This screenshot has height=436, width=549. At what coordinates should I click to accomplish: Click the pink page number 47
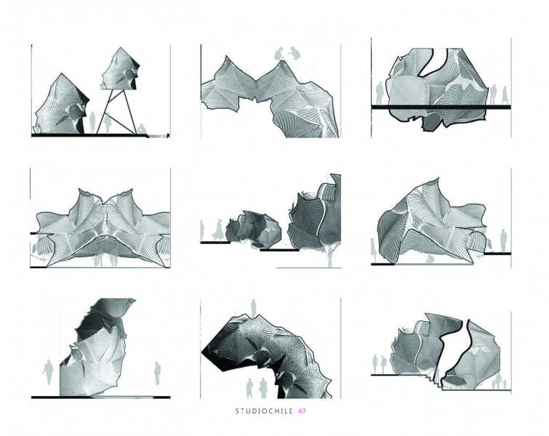[302, 411]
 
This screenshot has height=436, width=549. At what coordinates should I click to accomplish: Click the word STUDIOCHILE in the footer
[264, 411]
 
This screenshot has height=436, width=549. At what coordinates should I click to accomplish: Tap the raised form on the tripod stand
[121, 69]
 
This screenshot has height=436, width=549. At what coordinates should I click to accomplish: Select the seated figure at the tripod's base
[141, 129]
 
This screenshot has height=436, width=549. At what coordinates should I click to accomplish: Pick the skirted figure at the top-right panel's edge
[505, 95]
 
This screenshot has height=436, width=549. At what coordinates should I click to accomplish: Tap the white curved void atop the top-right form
[434, 63]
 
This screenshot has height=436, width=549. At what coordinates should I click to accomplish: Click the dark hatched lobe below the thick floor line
[433, 121]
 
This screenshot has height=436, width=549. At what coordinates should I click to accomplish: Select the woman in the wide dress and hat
[219, 230]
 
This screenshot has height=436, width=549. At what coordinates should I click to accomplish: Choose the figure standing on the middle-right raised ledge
[503, 241]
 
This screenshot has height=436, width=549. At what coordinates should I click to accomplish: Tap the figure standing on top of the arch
[253, 308]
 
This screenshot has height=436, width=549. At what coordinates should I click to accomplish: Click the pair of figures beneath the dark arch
[256, 388]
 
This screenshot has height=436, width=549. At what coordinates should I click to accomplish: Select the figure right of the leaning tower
[157, 374]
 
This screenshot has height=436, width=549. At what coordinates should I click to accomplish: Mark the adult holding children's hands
[498, 381]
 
